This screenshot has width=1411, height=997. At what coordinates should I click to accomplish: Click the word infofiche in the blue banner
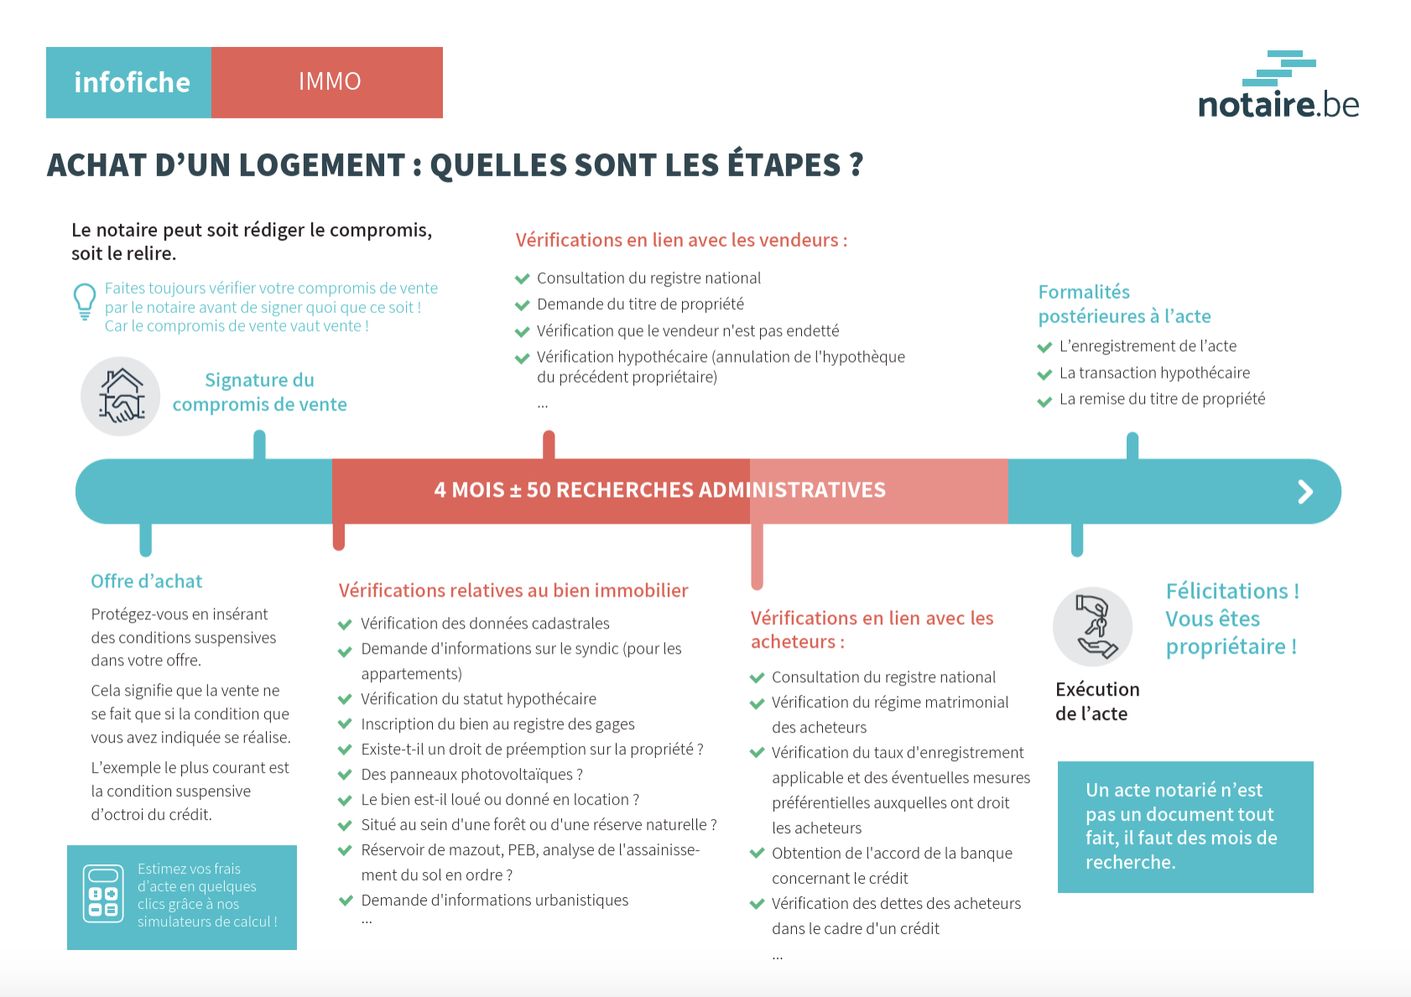tap(132, 82)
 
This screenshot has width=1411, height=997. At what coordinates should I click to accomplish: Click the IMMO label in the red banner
tap(330, 81)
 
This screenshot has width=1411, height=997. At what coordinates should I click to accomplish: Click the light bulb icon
tap(85, 301)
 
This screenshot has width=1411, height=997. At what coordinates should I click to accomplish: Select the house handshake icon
tap(121, 396)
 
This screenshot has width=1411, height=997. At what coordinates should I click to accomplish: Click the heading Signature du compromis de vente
tap(259, 392)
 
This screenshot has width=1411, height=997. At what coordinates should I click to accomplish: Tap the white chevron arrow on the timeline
tap(1305, 492)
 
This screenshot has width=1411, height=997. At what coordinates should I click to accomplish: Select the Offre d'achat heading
tap(147, 582)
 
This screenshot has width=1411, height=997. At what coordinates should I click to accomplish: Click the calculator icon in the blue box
tap(103, 894)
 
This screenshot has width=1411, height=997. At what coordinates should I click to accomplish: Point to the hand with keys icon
tap(1093, 626)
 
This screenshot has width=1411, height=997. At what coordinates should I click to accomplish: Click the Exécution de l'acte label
tap(1096, 702)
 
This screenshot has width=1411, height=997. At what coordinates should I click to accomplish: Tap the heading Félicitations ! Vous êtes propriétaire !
tap(1231, 619)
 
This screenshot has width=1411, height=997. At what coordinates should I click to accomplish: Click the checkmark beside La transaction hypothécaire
tap(1044, 374)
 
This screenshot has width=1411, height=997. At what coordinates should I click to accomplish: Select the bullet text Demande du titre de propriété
tap(640, 304)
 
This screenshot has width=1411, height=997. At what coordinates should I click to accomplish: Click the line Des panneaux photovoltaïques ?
tap(471, 775)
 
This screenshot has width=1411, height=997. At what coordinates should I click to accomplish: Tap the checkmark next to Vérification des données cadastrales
tap(344, 624)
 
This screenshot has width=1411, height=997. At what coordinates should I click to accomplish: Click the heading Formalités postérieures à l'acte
tap(1124, 304)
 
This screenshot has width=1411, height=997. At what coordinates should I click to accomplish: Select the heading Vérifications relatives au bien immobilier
tap(513, 591)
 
